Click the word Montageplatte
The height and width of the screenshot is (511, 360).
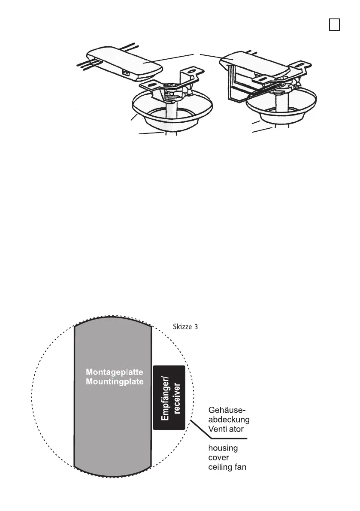(x=112, y=372)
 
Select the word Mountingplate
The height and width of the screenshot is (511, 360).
(x=112, y=381)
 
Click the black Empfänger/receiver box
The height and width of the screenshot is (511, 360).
(x=169, y=398)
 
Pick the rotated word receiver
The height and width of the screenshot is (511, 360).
(x=175, y=398)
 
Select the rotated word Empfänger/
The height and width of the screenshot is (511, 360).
(x=163, y=398)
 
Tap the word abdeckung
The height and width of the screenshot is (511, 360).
(x=228, y=418)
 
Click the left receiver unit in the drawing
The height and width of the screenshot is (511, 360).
(x=124, y=64)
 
